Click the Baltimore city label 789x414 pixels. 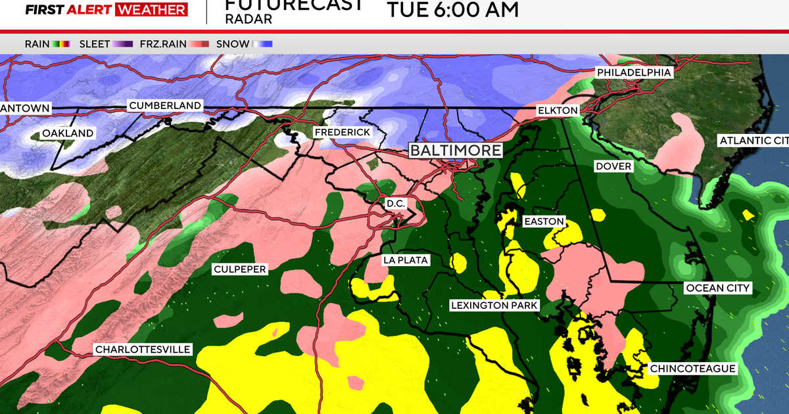point(455,150)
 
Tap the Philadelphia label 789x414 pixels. point(634,72)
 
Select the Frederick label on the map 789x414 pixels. point(342,132)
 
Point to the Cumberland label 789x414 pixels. point(165,105)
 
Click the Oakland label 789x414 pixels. point(68,133)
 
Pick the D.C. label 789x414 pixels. point(396,204)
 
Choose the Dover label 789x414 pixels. point(613,166)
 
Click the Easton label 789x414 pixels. point(544,221)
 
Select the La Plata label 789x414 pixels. point(406,260)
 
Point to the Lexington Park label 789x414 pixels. point(494,306)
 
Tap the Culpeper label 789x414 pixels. point(240,269)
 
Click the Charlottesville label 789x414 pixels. point(143,349)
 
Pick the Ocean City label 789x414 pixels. point(717,288)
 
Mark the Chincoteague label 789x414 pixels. point(692,369)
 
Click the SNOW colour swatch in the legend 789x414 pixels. point(262,44)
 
